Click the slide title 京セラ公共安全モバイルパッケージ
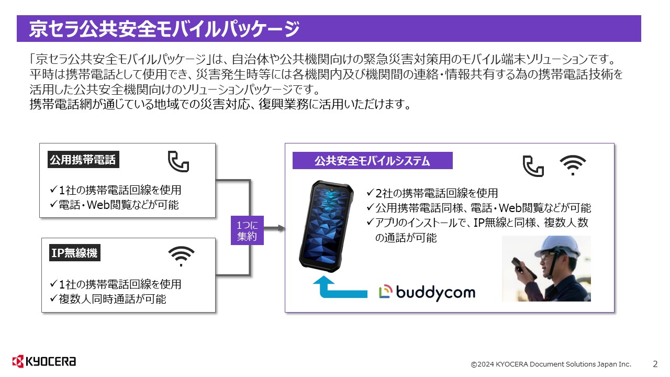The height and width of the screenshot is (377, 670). point(164,29)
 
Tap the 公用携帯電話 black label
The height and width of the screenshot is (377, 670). point(83,160)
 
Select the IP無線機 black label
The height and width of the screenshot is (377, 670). point(74,253)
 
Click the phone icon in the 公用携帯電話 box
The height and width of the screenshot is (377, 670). point(178,161)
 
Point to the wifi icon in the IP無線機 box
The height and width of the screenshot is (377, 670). point(181,257)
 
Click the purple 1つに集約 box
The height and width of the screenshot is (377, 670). point(247,230)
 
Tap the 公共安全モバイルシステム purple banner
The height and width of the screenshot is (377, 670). point(372,161)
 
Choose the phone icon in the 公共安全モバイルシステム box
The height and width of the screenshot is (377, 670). point(533,166)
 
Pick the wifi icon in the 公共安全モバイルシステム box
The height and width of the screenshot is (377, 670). point(573,165)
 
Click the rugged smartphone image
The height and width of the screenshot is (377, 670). point(326,226)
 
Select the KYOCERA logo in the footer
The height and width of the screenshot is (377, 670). point(44,361)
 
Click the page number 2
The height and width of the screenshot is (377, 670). point(655,364)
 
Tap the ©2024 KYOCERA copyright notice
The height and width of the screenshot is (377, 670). point(551,364)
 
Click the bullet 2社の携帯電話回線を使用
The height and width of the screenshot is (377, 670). point(432,193)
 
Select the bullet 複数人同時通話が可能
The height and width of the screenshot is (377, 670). point(108,299)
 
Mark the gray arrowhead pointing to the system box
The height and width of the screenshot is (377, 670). point(281,228)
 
